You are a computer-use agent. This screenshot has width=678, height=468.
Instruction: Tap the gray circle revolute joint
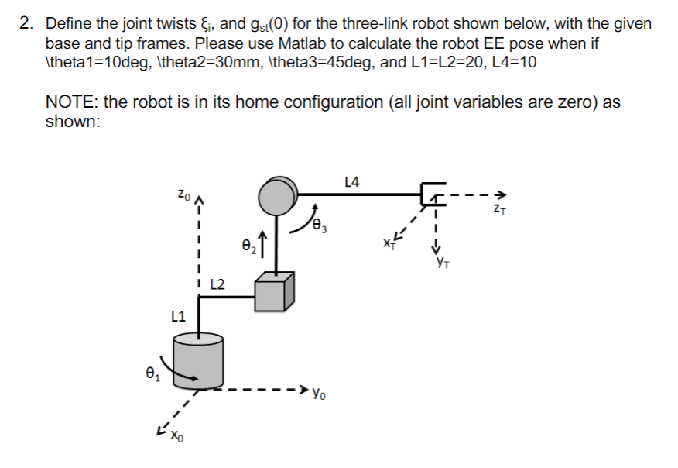point(277,196)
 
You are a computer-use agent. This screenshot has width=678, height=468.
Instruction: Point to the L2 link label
point(218,284)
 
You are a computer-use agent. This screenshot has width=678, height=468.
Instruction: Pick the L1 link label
point(178,315)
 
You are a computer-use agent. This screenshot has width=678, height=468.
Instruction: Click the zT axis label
point(501,209)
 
